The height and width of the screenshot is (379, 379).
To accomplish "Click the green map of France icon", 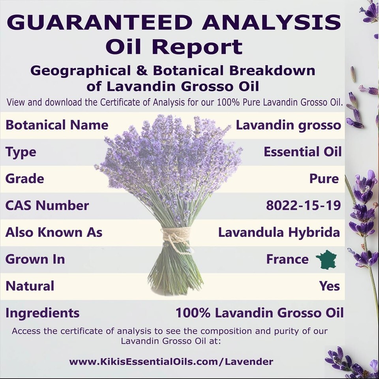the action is [326, 259].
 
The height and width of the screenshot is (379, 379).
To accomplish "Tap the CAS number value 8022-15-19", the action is [303, 205].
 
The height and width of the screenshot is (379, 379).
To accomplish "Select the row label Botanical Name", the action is [57, 125].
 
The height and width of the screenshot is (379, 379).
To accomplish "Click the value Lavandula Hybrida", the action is [279, 233].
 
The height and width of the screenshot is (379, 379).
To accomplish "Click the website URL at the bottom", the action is [171, 362].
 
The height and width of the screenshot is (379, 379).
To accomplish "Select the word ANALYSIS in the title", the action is [272, 22].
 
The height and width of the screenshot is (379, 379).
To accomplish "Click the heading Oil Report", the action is [174, 47].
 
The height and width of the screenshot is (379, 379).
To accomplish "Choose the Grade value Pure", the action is [324, 178].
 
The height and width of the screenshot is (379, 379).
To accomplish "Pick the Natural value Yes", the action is [329, 286].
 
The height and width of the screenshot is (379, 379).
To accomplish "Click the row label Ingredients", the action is [42, 313].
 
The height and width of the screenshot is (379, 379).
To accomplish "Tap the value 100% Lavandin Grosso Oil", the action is [259, 313].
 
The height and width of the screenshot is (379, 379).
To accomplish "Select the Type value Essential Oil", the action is [303, 152].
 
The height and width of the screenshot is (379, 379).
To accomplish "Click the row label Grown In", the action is [35, 259].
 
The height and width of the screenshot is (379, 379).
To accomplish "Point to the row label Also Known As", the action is [54, 232].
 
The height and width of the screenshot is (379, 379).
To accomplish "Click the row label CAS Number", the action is [47, 205].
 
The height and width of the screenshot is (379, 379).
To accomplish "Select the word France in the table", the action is [287, 259].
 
